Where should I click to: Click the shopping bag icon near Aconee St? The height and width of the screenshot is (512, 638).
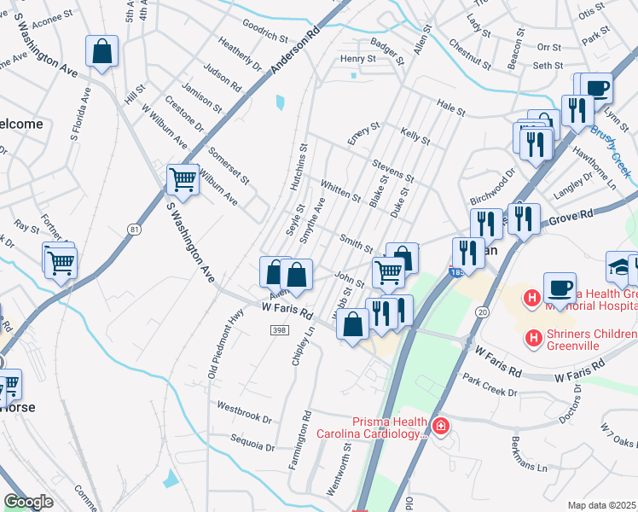point(102,51)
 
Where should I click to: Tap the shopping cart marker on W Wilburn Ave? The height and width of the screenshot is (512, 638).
point(183,179)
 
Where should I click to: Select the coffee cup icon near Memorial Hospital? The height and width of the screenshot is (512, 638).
point(559,288)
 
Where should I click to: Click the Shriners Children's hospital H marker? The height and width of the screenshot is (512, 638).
point(534,339)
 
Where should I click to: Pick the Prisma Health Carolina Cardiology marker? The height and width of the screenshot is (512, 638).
point(440,425)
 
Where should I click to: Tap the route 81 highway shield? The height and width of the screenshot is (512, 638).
point(133,230)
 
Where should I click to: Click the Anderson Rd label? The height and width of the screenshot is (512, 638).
point(294,53)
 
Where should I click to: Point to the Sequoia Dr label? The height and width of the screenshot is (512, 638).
point(252,443)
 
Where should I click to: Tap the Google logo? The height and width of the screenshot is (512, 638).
point(28,502)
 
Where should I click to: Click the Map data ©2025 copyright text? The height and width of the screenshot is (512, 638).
point(601,505)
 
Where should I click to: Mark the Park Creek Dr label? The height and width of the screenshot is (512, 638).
point(489,383)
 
